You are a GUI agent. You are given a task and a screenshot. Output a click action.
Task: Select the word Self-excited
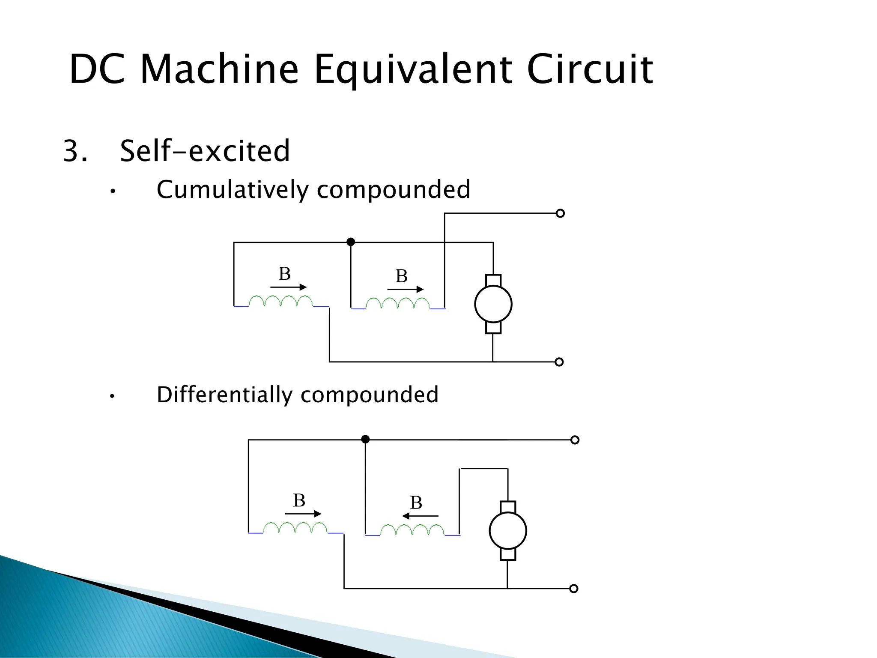[x=205, y=151]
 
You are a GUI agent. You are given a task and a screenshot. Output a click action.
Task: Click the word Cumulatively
[x=232, y=190]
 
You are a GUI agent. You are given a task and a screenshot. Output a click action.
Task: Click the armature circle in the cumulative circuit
[x=493, y=304]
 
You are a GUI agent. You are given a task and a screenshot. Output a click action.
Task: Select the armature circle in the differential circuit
[x=507, y=531]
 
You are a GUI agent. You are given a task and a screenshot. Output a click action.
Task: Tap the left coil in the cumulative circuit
[x=280, y=301]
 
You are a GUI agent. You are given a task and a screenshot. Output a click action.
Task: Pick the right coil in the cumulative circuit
[x=397, y=303]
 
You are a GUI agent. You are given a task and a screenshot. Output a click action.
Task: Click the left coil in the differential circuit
[x=295, y=528]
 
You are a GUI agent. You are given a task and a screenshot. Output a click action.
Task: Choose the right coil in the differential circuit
[x=412, y=530]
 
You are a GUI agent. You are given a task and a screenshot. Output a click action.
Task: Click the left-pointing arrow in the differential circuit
[x=420, y=516]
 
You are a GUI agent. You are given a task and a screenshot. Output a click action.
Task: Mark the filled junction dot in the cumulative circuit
[x=351, y=242]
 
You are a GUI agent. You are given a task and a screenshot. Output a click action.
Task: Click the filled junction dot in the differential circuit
[x=365, y=439]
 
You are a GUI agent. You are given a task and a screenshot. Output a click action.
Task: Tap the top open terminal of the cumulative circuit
[x=560, y=213]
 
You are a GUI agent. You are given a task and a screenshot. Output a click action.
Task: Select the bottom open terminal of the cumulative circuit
[x=559, y=362]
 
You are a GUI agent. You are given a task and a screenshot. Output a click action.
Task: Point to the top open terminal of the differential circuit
[x=575, y=440]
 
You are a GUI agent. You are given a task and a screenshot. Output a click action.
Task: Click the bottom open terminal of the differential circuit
[x=574, y=589]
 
